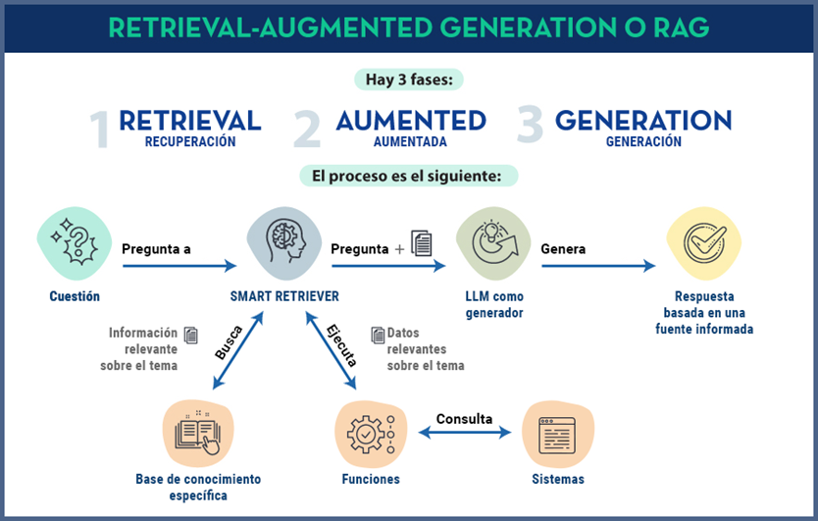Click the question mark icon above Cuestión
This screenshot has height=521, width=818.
click(x=75, y=242)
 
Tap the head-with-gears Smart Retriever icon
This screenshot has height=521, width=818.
click(x=284, y=242)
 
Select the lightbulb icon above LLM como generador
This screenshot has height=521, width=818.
click(x=493, y=242)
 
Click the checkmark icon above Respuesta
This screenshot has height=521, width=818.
click(x=704, y=242)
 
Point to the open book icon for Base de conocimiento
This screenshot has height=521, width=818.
click(x=198, y=433)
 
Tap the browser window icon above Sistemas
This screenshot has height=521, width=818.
click(x=558, y=434)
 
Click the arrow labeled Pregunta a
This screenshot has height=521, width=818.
click(x=179, y=266)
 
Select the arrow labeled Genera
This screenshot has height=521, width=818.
click(x=598, y=266)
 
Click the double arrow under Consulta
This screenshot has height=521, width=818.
click(x=465, y=433)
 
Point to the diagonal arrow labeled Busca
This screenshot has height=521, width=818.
click(x=238, y=350)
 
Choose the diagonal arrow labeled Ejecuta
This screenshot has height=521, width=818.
click(x=331, y=350)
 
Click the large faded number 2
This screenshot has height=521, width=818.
click(x=307, y=129)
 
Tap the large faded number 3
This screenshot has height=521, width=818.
click(x=530, y=124)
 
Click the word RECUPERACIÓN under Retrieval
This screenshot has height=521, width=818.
click(x=190, y=141)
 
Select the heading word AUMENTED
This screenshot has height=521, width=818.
click(x=411, y=121)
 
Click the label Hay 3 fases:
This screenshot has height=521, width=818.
click(x=409, y=79)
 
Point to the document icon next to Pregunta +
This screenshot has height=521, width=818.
click(x=422, y=242)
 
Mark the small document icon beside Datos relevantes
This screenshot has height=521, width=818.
click(x=378, y=336)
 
